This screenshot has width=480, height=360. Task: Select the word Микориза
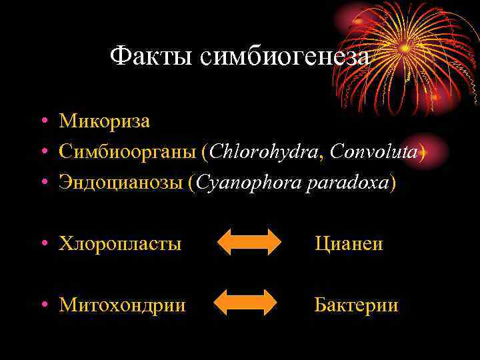click(105, 121)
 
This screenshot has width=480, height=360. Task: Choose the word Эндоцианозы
click(121, 183)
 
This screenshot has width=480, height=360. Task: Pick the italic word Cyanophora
click(245, 183)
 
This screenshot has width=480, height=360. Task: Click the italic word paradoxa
click(347, 183)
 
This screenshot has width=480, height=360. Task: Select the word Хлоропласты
click(120, 244)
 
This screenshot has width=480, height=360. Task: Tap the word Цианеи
click(349, 244)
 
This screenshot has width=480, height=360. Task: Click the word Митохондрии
click(122, 305)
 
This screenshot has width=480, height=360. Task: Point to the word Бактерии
click(356, 305)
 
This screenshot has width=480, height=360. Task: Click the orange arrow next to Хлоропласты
click(250, 241)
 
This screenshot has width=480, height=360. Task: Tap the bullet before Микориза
click(43, 122)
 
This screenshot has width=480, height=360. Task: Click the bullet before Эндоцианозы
click(43, 183)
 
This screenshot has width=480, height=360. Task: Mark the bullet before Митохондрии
click(43, 305)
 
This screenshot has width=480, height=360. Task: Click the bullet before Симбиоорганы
click(43, 153)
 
